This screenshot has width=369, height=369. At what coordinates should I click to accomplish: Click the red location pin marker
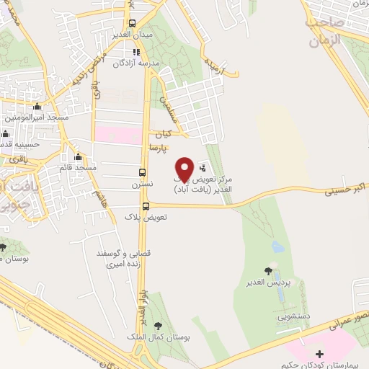184,169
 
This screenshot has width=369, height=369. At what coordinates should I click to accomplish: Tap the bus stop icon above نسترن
142,173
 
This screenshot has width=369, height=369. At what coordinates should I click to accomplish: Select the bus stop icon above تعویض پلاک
146,206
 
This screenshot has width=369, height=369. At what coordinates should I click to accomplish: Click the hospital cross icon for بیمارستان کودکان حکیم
320,353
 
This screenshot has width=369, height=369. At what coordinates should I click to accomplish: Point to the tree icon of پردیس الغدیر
269,271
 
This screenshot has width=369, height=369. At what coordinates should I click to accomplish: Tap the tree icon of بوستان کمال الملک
159,326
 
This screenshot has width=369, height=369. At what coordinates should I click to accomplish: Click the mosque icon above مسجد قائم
79,157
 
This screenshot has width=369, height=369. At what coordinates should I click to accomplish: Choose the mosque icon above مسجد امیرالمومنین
37,107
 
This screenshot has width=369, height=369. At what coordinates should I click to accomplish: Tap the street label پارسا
158,148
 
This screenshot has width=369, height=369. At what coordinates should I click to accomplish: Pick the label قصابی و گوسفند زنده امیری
114,259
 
